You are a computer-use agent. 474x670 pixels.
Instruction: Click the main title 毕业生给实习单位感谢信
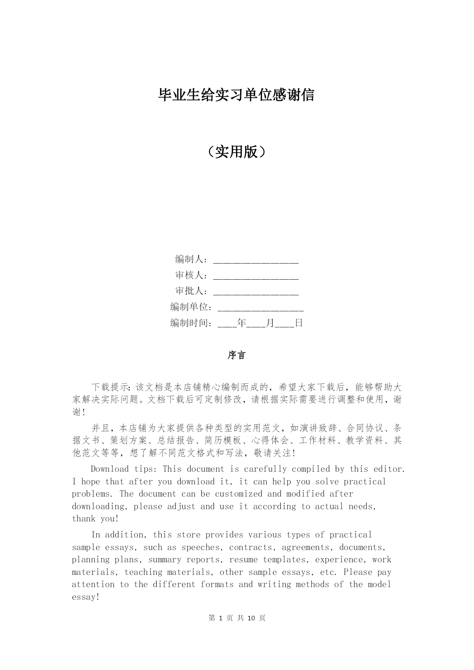(236, 95)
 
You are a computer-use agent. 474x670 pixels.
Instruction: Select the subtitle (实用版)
(236, 152)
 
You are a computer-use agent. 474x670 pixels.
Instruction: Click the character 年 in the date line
(241, 323)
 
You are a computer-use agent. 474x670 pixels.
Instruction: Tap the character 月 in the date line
(270, 323)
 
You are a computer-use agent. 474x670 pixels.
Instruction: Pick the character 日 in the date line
(299, 323)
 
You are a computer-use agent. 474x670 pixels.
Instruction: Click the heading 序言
(236, 355)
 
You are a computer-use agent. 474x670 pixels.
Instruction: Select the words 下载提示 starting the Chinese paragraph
(110, 387)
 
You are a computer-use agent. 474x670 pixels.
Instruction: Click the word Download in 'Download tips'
(110, 469)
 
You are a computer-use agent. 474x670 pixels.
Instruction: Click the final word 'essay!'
(86, 597)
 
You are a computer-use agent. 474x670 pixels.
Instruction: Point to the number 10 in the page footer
(251, 618)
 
